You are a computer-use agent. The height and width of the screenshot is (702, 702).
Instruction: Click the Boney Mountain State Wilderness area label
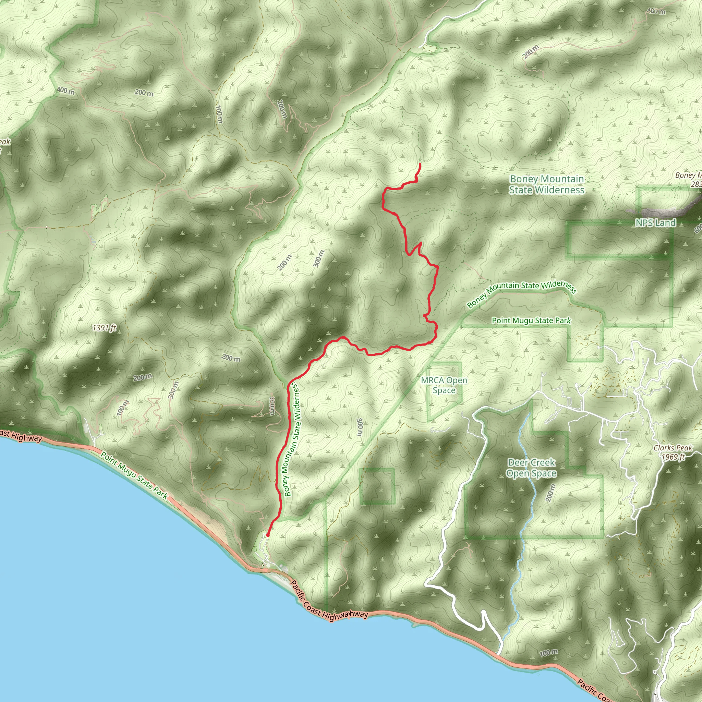click(546, 185)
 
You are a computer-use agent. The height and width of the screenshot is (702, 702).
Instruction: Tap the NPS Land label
click(655, 223)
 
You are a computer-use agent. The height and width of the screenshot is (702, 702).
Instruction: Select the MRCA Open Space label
click(444, 385)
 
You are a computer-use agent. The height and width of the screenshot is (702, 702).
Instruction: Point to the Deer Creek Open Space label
click(532, 468)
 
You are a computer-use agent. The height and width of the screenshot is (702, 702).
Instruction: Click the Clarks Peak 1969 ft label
click(673, 452)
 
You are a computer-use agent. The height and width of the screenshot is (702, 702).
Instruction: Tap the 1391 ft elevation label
click(104, 328)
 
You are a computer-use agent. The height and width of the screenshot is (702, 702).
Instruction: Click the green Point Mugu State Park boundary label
click(531, 320)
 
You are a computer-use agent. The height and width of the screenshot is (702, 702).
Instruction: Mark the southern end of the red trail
click(267, 535)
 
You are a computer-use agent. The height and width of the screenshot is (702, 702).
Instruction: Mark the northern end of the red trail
click(420, 164)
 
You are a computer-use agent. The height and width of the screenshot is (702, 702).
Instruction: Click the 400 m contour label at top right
click(656, 12)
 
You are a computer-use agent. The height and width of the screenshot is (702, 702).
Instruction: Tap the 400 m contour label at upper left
click(66, 91)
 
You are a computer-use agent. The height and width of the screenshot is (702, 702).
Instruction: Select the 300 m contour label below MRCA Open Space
click(360, 427)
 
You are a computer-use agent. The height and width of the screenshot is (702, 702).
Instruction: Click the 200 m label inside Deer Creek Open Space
click(550, 493)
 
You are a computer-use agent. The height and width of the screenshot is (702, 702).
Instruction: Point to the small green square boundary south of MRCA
click(377, 486)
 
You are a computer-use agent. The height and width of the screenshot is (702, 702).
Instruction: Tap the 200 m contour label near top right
click(531, 52)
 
